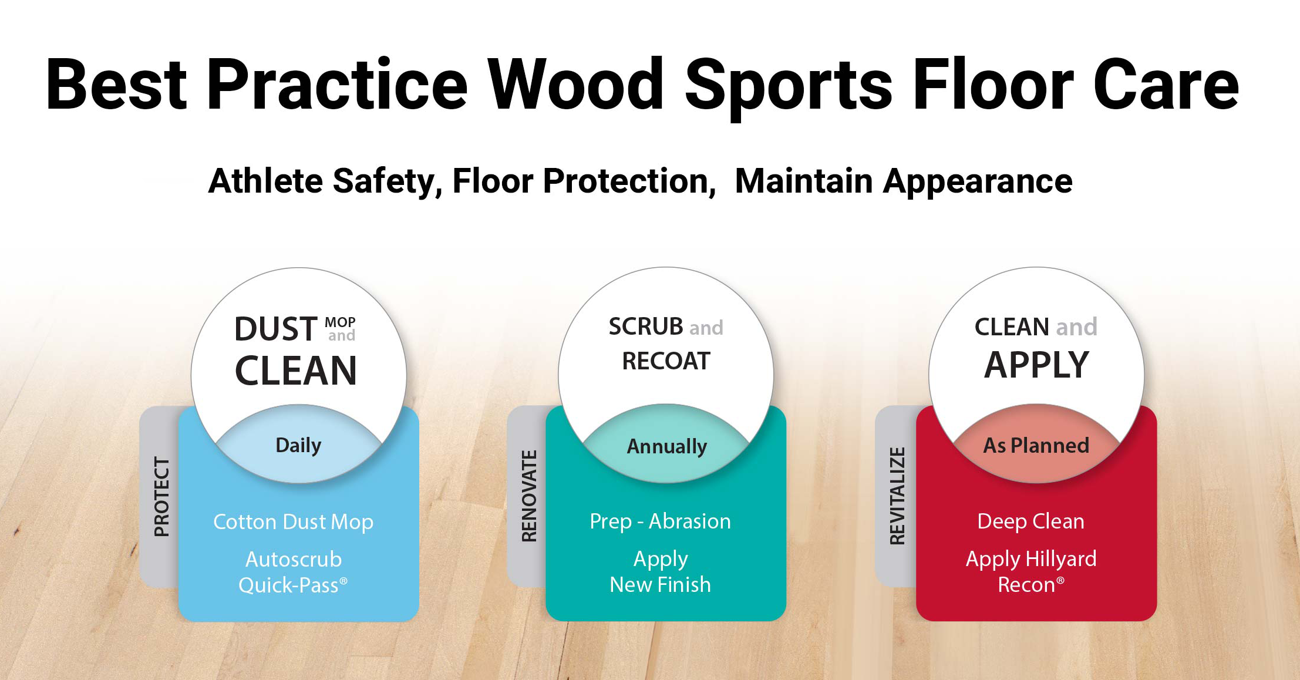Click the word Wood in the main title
coord(576,84)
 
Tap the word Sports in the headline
coord(789,88)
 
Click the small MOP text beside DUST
coord(340,322)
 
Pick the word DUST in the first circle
coord(276,329)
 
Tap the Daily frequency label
coord(298,446)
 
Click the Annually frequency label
coord(667,447)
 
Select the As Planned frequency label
coord(1036,445)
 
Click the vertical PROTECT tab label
coord(161,496)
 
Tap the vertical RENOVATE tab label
coord(530,496)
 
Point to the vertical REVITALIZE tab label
coord(897,496)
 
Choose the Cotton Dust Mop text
coord(293,522)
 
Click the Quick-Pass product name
coord(293,585)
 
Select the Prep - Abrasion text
coord(660,521)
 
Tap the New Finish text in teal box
coord(660,584)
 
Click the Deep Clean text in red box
coord(1030,521)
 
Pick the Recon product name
coord(1030,584)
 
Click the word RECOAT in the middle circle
coord(666,361)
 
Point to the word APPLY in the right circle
coord(1036,365)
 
